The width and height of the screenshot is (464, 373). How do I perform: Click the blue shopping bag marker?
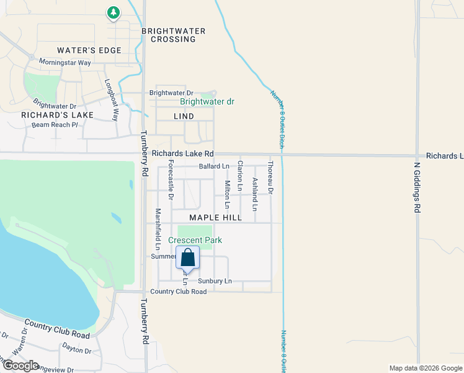pyautogui.click(x=187, y=257)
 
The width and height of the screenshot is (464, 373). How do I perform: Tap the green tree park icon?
pyautogui.click(x=113, y=12)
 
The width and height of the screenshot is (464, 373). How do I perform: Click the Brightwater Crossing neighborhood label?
pyautogui.click(x=169, y=35)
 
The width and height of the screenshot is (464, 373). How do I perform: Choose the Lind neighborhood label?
pyautogui.click(x=184, y=116)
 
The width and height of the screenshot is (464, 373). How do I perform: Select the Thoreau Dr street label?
pyautogui.click(x=270, y=176)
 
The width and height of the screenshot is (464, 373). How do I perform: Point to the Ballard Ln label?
pyautogui.click(x=214, y=167)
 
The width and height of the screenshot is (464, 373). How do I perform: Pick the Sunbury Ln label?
pyautogui.click(x=215, y=281)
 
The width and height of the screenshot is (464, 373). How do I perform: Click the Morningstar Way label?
pyautogui.click(x=65, y=63)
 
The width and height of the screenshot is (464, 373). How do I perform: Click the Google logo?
pyautogui.click(x=20, y=366)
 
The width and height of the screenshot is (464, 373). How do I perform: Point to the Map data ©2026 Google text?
pyautogui.click(x=425, y=368)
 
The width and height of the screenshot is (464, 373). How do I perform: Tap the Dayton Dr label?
pyautogui.click(x=76, y=350)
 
